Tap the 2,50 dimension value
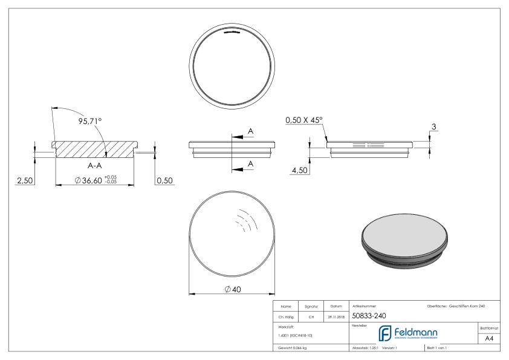[25, 180]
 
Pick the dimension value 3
[434, 127]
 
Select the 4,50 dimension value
[300, 171]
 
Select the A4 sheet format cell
[490, 339]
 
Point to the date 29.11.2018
[336, 315]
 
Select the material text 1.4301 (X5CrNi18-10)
[296, 335]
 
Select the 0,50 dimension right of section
[164, 180]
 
